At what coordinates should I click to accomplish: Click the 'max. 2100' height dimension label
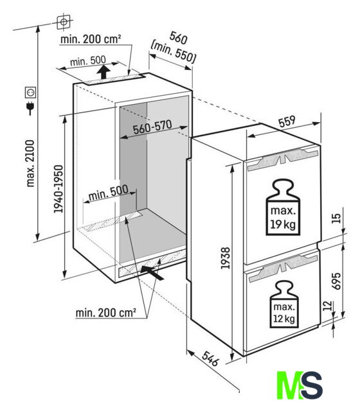(31, 163)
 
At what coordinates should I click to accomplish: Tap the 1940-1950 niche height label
(59, 189)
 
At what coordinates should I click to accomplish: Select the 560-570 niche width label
(152, 127)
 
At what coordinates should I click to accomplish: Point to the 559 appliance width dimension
(287, 121)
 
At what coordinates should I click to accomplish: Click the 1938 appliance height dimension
(226, 258)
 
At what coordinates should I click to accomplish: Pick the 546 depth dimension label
(210, 358)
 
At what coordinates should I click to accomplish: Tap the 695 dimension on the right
(336, 281)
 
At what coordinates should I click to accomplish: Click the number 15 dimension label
(336, 218)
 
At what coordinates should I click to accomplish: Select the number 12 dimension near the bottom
(327, 306)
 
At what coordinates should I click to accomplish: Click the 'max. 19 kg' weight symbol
(283, 207)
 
